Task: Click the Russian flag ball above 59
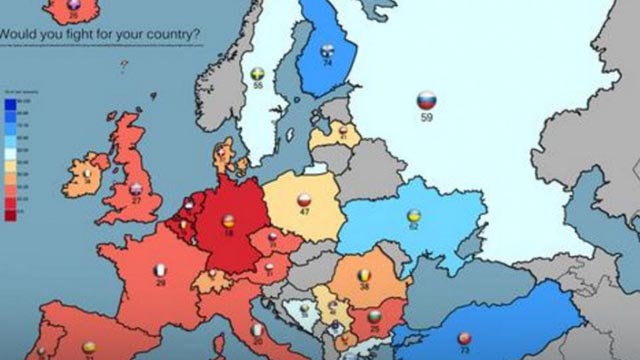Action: click(x=424, y=100)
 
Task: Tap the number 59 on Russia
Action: click(x=425, y=117)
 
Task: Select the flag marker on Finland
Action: click(x=327, y=51)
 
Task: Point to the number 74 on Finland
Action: click(x=327, y=63)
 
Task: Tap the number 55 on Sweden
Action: click(x=258, y=87)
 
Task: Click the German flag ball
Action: click(x=229, y=221)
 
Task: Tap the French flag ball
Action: click(x=160, y=270)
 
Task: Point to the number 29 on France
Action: click(x=160, y=284)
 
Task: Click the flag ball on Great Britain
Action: click(x=137, y=188)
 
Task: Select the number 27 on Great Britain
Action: click(x=137, y=201)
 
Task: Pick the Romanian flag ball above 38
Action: click(x=365, y=271)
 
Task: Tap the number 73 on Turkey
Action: click(x=464, y=351)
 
